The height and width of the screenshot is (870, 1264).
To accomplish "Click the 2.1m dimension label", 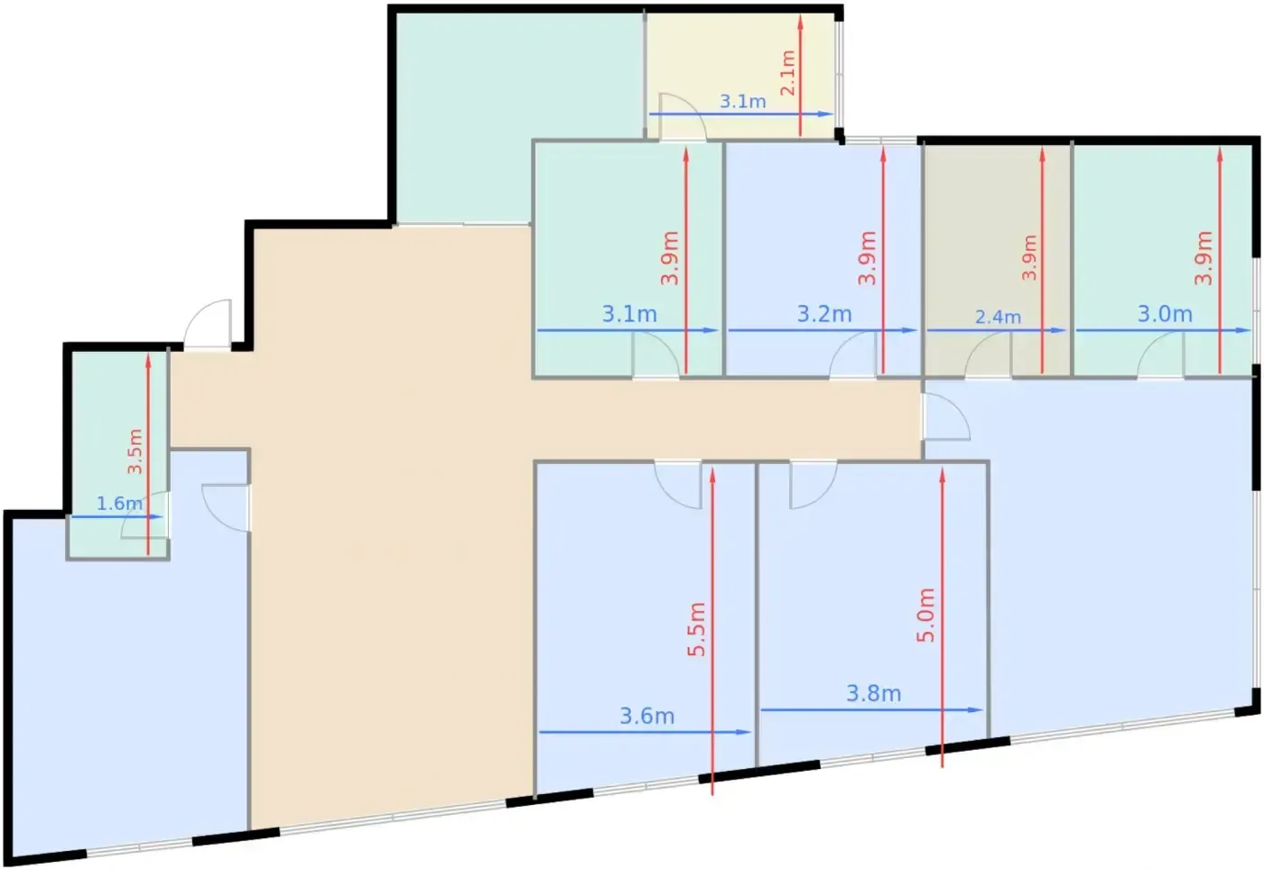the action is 787,73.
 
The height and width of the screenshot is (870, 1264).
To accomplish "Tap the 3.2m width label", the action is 824,314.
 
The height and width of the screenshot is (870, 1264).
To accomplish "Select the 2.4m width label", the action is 999,317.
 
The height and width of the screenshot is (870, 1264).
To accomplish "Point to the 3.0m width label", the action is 1166,314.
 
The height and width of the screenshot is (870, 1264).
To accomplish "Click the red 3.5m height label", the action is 135,451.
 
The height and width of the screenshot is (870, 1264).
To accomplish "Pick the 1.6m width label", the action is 119,504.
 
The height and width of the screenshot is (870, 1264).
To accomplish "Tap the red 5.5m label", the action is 697,630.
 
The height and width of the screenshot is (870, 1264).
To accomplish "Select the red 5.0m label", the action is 926,615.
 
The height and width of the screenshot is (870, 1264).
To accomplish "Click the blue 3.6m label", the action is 647,716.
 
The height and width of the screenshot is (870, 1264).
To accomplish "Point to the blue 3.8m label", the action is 874,693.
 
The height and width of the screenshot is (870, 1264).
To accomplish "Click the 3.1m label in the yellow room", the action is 742,102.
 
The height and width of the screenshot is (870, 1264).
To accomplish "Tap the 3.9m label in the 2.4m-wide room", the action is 1029,257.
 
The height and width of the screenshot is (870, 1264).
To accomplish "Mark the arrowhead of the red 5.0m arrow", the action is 942,475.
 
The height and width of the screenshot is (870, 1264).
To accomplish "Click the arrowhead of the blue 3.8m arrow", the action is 975,709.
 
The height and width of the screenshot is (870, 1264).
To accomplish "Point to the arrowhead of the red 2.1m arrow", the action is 800,23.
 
